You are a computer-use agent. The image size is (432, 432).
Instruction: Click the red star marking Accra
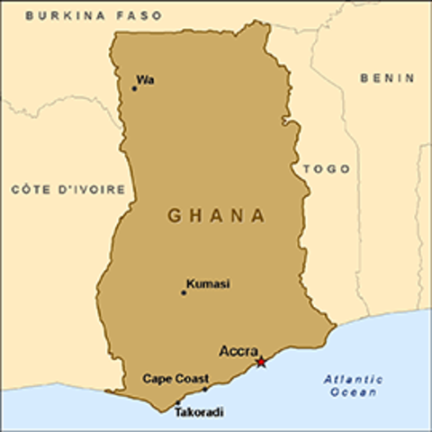(x=261, y=362)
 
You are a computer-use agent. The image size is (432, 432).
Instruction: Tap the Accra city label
(x=238, y=351)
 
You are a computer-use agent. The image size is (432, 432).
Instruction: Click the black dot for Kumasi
(x=184, y=292)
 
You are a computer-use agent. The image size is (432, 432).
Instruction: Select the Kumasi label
(x=208, y=283)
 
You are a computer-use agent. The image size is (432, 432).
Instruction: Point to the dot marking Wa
(x=134, y=88)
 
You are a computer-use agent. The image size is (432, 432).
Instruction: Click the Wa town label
(x=145, y=80)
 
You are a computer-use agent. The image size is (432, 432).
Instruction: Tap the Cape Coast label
(x=175, y=378)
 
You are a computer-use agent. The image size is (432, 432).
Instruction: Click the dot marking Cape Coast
(x=204, y=389)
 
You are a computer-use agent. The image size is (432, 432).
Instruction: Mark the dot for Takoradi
(x=177, y=402)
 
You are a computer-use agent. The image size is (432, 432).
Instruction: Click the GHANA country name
(x=216, y=216)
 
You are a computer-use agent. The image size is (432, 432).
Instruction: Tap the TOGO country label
(x=326, y=169)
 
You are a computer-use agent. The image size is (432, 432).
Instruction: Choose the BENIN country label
(x=387, y=78)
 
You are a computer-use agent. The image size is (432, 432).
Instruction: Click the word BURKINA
(x=61, y=16)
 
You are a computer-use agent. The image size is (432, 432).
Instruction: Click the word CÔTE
(x=30, y=189)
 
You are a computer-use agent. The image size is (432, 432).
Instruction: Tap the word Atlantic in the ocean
(x=354, y=379)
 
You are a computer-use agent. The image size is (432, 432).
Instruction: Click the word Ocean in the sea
(x=353, y=391)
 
